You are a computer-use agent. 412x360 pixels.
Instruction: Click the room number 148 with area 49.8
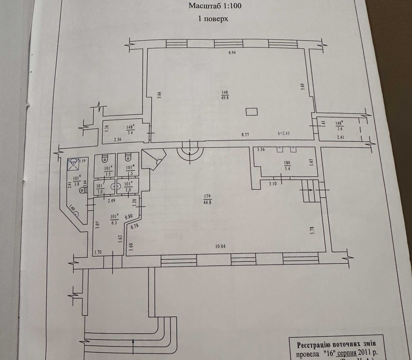click(x=225, y=95)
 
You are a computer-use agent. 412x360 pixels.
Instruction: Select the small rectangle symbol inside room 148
click(x=251, y=111)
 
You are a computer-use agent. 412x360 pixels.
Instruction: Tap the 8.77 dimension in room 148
click(x=245, y=134)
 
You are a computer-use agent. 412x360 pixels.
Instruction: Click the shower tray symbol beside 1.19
click(x=73, y=165)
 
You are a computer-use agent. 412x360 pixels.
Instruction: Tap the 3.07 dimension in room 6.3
click(x=97, y=225)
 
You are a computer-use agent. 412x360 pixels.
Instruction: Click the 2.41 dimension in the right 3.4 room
click(x=340, y=137)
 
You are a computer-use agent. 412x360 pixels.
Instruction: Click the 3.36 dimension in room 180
click(x=261, y=149)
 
